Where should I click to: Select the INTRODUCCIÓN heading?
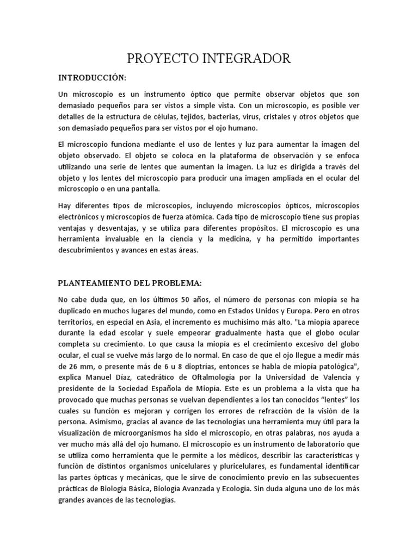(92, 77)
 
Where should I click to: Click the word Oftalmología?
(214, 379)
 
